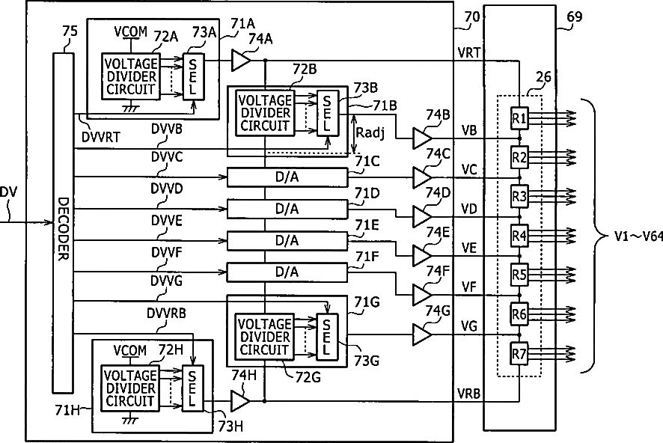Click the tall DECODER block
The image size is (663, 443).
point(63,223)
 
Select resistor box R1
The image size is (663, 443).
point(519,119)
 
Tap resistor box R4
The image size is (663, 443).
point(519,236)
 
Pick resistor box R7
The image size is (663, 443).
point(519,353)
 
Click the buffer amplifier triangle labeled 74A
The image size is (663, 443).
point(241,60)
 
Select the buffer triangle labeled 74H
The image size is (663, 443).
point(240,401)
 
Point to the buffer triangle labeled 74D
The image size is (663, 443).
point(422,217)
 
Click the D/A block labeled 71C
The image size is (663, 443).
point(287,177)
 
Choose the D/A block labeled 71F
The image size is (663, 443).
point(287,272)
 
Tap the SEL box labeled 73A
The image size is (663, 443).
point(194,77)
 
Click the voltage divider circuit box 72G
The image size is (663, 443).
point(265,337)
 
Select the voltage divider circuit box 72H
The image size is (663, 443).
point(130,388)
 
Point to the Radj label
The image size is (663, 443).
point(370,133)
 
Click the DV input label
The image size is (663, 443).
point(8,193)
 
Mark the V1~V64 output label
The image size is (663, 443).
point(638,236)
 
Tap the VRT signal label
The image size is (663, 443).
point(469,53)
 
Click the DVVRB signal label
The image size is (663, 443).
point(167,314)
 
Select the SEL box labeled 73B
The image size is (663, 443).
point(328,113)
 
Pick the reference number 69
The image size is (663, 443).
point(575,17)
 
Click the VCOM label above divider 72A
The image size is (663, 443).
point(131,31)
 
